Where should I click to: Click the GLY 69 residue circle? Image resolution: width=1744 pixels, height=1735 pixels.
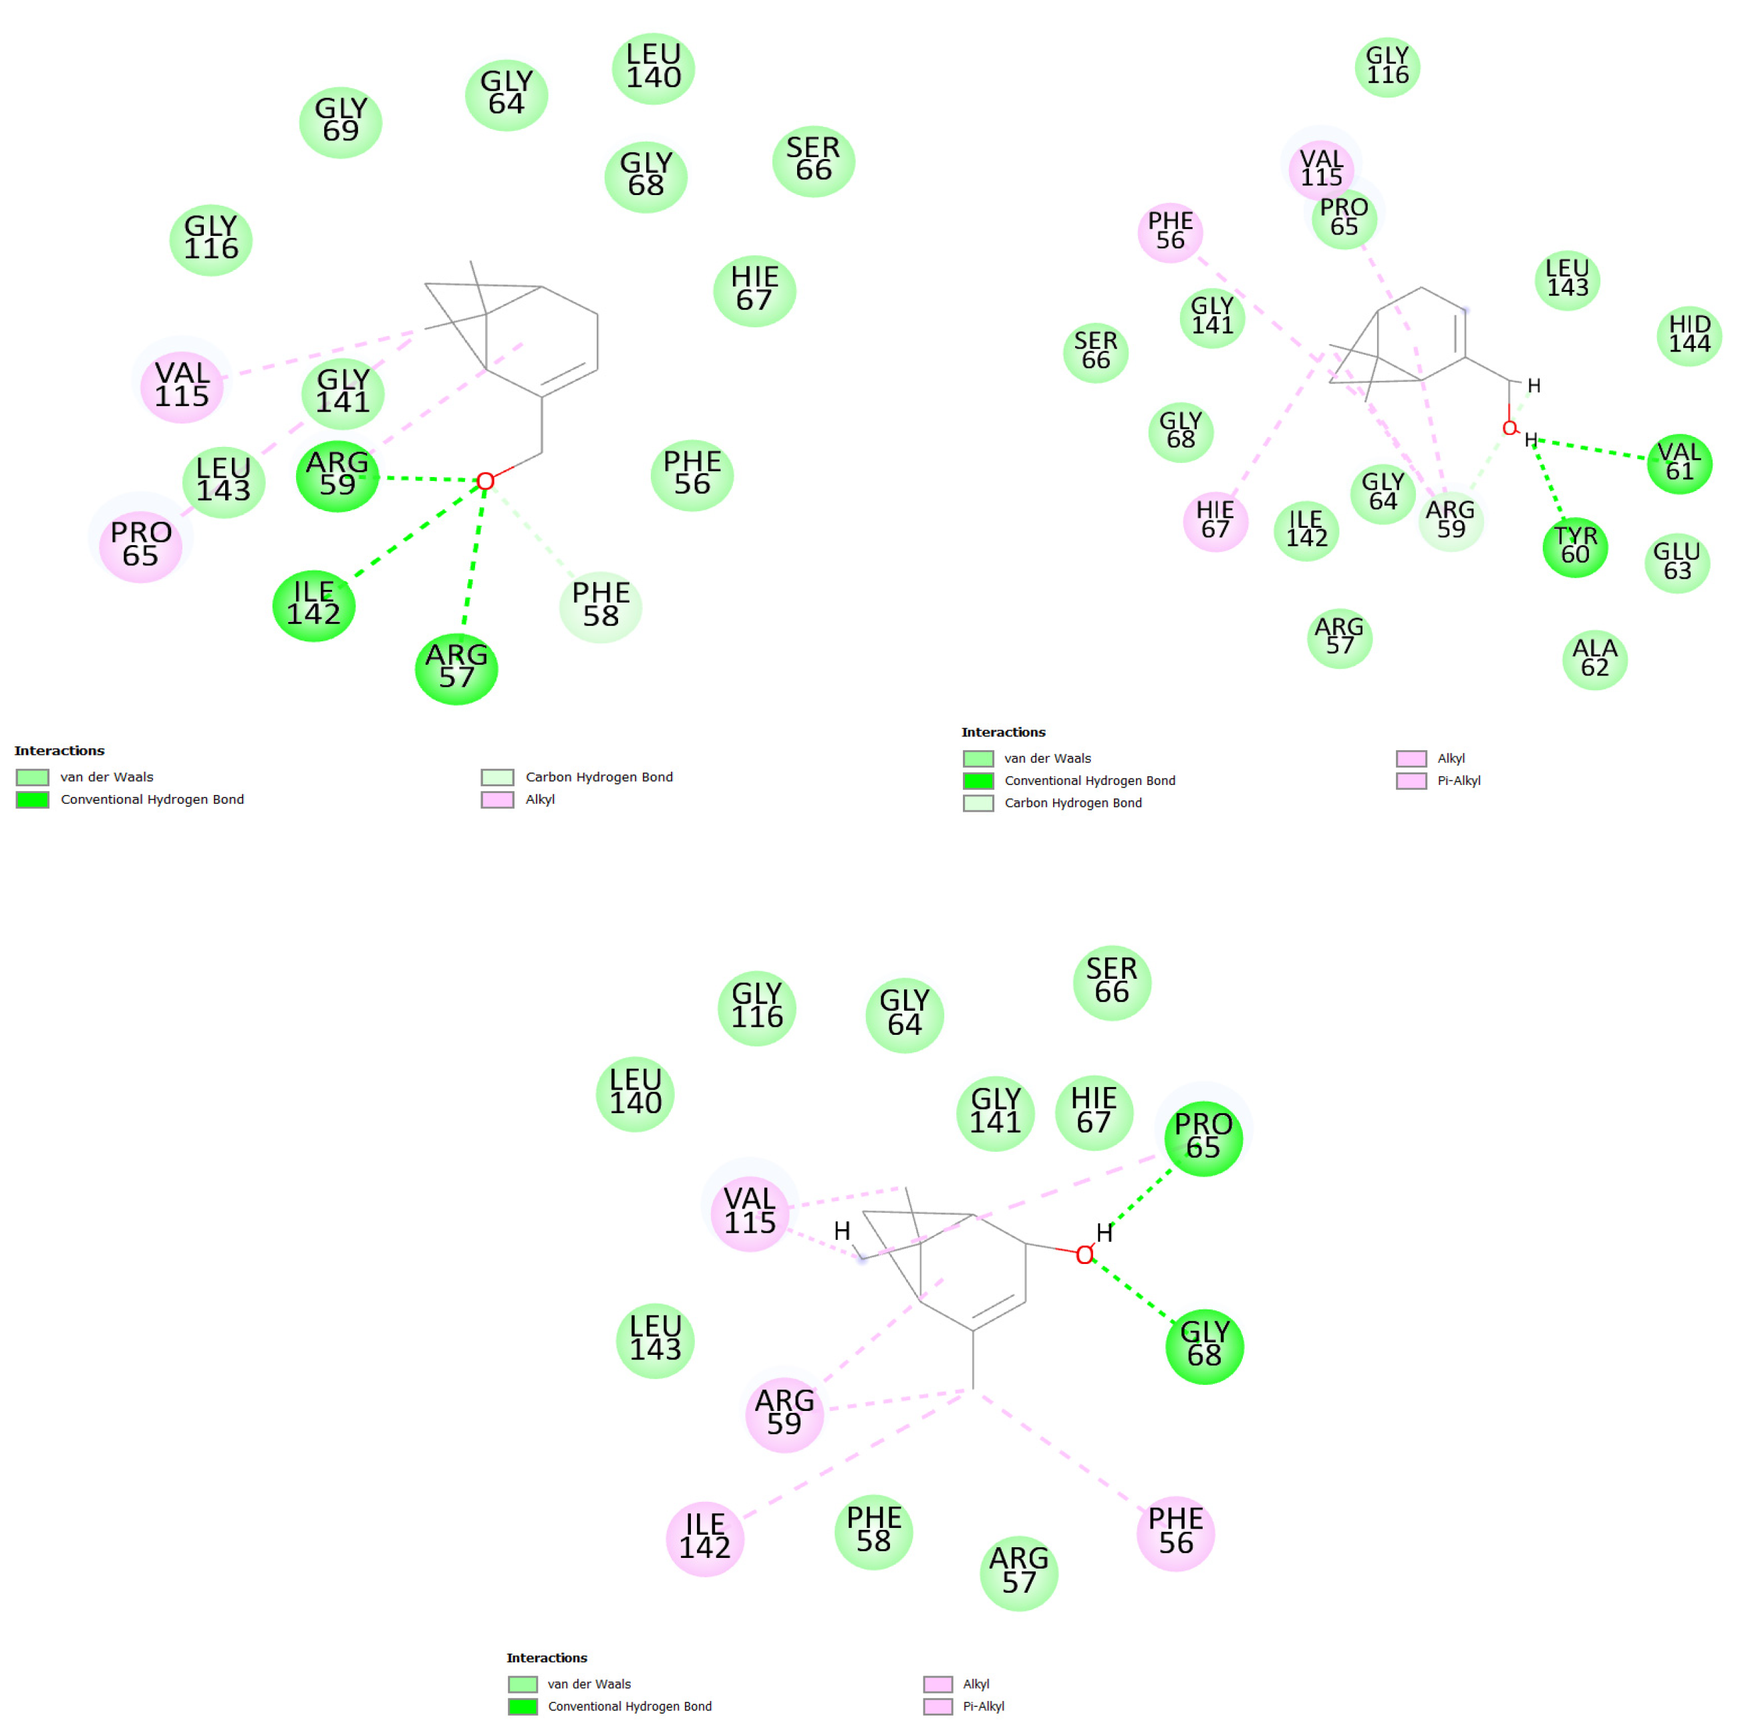pyautogui.click(x=340, y=122)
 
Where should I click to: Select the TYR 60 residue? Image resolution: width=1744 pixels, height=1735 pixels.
pyautogui.click(x=1574, y=546)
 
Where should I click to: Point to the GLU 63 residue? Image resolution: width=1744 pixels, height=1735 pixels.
pyautogui.click(x=1677, y=561)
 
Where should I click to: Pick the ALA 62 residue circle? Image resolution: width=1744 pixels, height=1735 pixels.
pyautogui.click(x=1594, y=659)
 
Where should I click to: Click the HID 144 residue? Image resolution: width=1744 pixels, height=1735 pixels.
pyautogui.click(x=1689, y=335)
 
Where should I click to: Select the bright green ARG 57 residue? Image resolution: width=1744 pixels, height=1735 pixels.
pyautogui.click(x=456, y=668)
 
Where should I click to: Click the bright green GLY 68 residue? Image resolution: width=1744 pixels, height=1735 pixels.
pyautogui.click(x=1203, y=1345)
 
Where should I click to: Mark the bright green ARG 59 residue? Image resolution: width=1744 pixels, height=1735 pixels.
pyautogui.click(x=337, y=476)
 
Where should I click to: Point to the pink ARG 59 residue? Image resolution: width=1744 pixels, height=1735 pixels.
pyautogui.click(x=784, y=1414)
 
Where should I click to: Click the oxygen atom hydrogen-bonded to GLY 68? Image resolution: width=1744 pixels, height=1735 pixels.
pyautogui.click(x=1084, y=1255)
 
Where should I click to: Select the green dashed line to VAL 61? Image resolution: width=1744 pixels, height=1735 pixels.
pyautogui.click(x=1593, y=449)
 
